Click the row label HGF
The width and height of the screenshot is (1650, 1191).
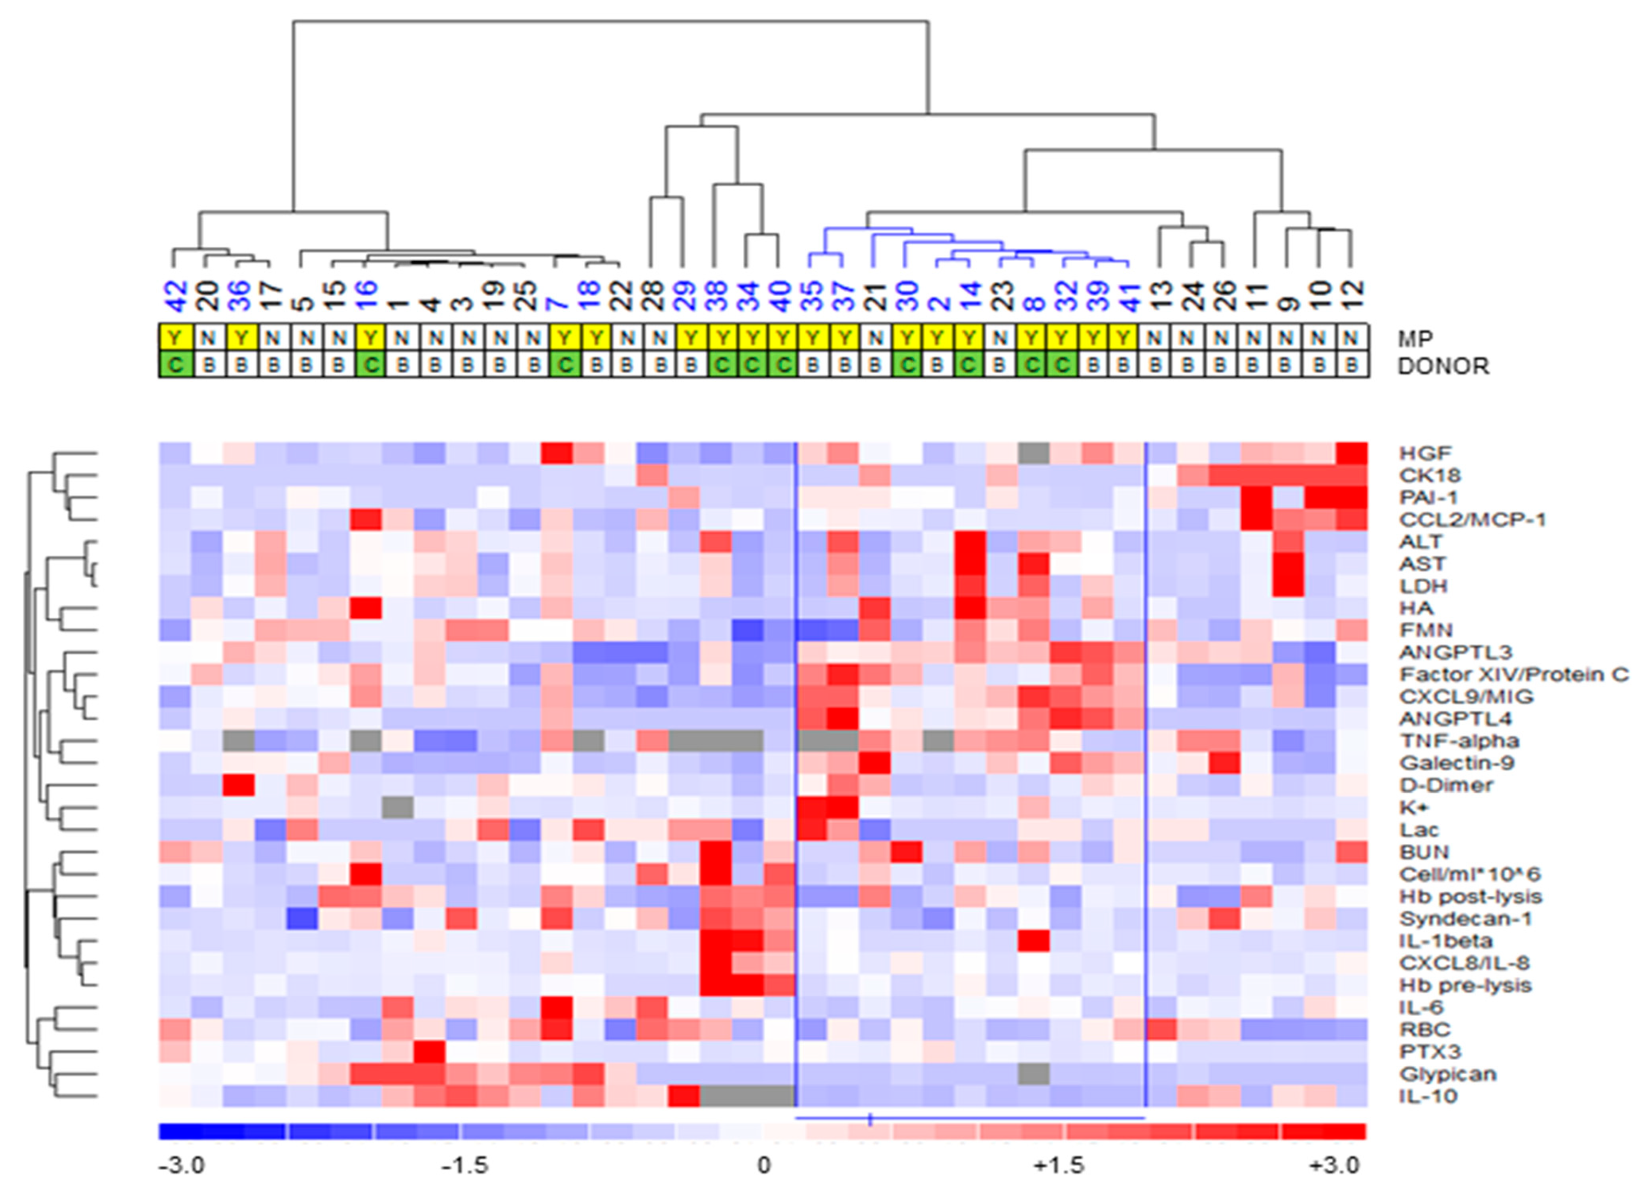pyautogui.click(x=1424, y=453)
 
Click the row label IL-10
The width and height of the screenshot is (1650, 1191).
pyautogui.click(x=1428, y=1096)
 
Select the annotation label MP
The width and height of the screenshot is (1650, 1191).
pyautogui.click(x=1414, y=338)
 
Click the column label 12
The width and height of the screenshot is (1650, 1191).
pyautogui.click(x=1352, y=297)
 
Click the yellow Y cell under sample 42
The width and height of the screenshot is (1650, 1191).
pyautogui.click(x=175, y=338)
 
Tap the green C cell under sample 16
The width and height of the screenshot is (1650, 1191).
pyautogui.click(x=371, y=365)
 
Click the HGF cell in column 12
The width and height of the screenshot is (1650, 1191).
pyautogui.click(x=1352, y=453)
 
